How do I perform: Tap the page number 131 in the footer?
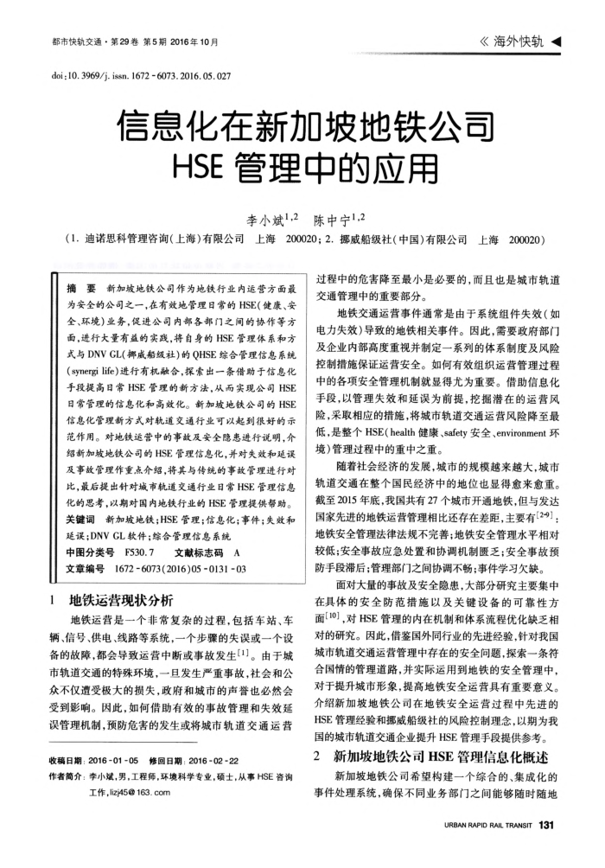[544, 824]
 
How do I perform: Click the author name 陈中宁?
[333, 220]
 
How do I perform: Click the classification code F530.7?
[138, 552]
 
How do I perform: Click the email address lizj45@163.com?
[130, 790]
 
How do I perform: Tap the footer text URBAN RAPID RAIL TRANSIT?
[487, 825]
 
